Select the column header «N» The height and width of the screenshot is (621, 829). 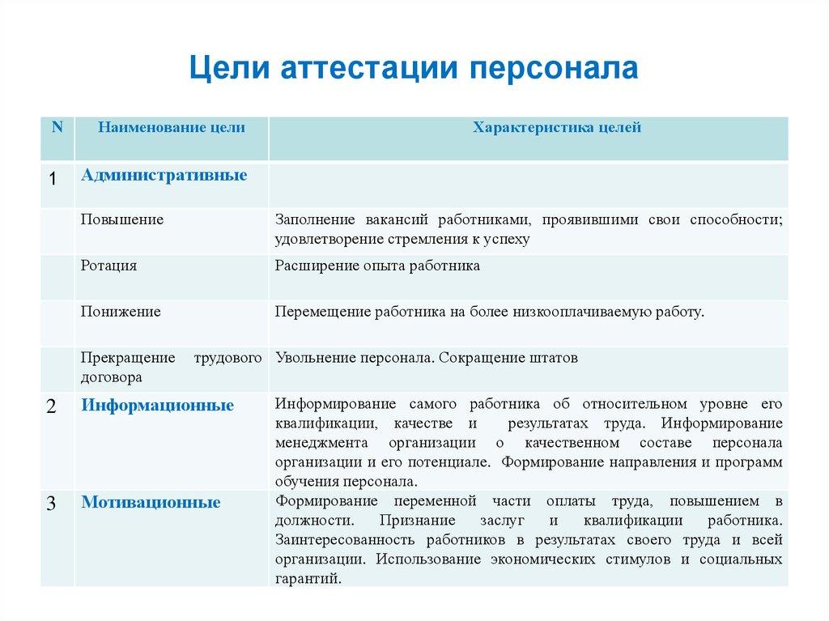click(x=57, y=127)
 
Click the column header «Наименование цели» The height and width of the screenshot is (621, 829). click(x=172, y=127)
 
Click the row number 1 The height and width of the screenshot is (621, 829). click(x=52, y=179)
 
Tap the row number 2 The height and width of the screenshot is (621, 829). click(x=51, y=407)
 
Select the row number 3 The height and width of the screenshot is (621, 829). click(x=51, y=504)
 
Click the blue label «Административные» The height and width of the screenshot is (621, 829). click(x=164, y=175)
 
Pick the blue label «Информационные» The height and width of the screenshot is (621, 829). click(x=157, y=405)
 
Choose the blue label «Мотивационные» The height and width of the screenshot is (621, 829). click(x=151, y=502)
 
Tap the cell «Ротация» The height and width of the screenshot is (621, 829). click(x=108, y=266)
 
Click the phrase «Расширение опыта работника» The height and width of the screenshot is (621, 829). click(x=377, y=266)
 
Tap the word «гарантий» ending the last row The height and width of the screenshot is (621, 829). click(x=308, y=578)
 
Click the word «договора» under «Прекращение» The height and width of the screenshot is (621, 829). click(x=112, y=376)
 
